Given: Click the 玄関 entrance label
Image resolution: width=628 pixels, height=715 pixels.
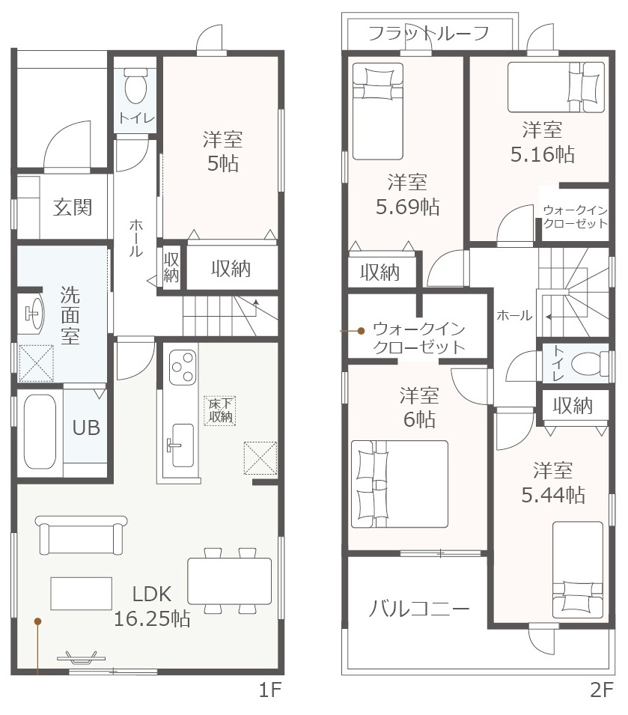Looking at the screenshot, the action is (x=73, y=207).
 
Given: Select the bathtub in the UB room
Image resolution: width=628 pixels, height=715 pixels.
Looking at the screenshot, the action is (x=40, y=431).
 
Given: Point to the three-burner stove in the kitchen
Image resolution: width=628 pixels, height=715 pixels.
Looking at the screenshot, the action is (x=183, y=367).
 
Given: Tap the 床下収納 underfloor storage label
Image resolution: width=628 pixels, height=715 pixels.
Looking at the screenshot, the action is (x=220, y=410).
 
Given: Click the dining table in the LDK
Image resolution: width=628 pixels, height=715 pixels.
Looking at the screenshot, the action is (x=229, y=581).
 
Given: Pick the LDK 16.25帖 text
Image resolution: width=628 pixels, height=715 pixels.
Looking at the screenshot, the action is (x=152, y=606).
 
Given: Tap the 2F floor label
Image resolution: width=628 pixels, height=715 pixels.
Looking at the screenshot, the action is (x=602, y=690).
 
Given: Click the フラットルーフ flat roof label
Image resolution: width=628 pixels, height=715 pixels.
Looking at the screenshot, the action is (x=428, y=33).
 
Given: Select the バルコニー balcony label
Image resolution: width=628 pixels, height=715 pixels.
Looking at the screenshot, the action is (x=418, y=609).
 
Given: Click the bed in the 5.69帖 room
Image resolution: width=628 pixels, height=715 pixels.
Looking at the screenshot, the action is (x=378, y=112).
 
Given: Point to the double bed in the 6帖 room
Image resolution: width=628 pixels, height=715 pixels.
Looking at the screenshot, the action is (x=399, y=484).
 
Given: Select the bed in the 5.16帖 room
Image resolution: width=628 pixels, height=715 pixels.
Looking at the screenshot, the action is (x=556, y=87).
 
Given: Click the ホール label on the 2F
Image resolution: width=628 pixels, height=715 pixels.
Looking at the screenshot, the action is (x=514, y=315).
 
